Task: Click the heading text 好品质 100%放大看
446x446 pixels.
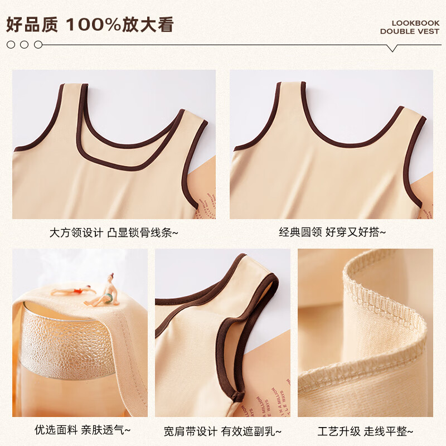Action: pyautogui.click(x=90, y=25)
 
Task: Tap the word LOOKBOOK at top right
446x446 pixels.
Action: pyautogui.click(x=415, y=23)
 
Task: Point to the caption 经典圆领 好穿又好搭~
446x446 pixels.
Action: pyautogui.click(x=332, y=232)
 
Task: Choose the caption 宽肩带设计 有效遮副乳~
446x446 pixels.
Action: pyautogui.click(x=222, y=430)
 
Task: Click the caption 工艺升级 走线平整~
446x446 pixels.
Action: pyautogui.click(x=365, y=430)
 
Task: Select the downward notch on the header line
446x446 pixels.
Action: pyautogui.click(x=392, y=48)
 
